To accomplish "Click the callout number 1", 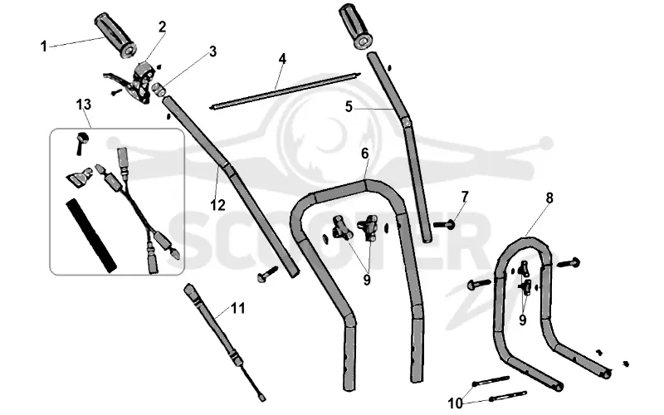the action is (x=44, y=46).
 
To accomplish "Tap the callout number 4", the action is (x=282, y=58).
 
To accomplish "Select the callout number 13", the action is (x=84, y=105).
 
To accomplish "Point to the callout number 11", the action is (x=238, y=308).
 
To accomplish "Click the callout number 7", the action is (x=465, y=197).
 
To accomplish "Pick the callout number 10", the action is (x=455, y=403).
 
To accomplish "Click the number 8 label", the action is (x=549, y=198).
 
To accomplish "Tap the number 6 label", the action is (x=365, y=154).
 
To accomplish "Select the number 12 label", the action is (x=217, y=205).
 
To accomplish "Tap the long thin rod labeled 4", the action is (x=285, y=90).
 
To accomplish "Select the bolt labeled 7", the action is (x=444, y=224).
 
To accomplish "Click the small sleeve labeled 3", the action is (x=159, y=90).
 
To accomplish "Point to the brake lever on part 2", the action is (x=117, y=79).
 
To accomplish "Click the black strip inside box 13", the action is (x=91, y=236).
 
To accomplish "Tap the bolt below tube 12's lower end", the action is (x=266, y=274).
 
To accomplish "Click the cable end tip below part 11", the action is (x=262, y=398).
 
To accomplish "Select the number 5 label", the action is (x=349, y=107).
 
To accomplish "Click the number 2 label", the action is (x=162, y=27).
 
